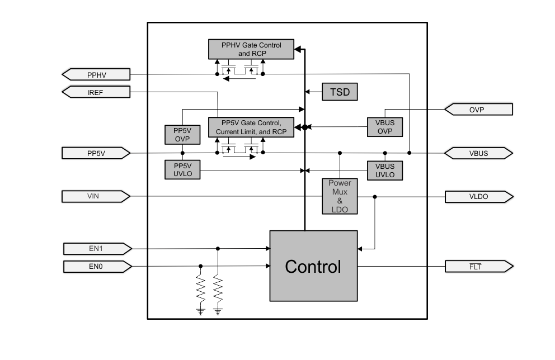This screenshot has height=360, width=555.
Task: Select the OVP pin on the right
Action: pos(478,110)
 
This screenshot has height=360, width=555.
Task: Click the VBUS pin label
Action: pos(478,153)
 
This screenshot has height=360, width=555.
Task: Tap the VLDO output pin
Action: pos(478,197)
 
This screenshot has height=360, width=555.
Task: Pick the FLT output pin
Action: pos(478,266)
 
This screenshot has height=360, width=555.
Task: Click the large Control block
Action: pos(313,266)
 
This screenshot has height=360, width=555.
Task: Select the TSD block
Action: pos(340,92)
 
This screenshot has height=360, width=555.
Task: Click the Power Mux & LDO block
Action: pos(340,196)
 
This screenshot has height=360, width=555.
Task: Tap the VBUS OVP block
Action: pos(385,127)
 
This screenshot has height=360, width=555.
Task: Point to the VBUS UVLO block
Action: pos(385,170)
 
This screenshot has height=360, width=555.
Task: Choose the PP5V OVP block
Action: pos(182,135)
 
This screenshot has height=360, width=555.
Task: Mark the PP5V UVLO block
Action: pos(182,169)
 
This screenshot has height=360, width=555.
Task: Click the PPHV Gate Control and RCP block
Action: pos(251,49)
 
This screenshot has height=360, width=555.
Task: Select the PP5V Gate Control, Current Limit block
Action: pos(251,127)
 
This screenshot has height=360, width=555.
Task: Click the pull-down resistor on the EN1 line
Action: pos(218,288)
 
